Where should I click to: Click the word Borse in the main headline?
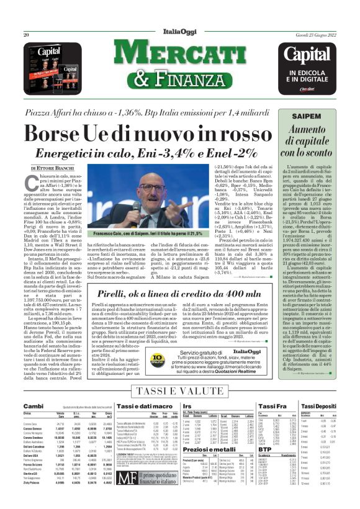(x=60, y=135)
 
